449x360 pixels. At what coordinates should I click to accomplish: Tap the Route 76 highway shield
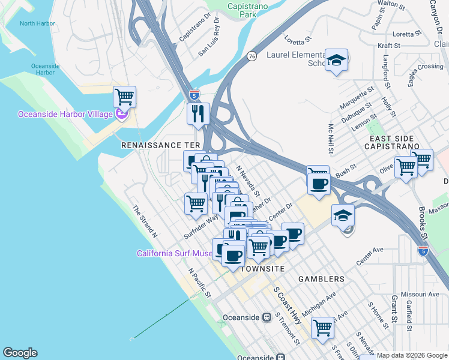252,56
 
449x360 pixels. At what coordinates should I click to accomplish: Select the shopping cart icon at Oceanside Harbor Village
124,96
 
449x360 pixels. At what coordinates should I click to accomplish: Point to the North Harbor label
37,24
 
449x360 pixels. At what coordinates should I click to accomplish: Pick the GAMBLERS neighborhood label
322,279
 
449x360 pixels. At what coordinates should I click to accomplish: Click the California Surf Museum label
175,254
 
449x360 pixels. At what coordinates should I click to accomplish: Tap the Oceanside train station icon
267,317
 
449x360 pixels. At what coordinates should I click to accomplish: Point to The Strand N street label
144,222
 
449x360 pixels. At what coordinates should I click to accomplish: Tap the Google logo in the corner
20,353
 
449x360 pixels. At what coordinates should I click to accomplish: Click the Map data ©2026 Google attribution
412,355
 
